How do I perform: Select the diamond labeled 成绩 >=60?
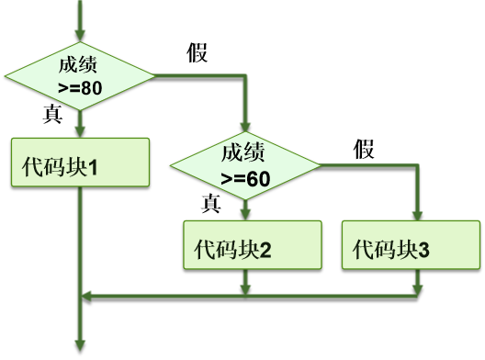coord(245,164)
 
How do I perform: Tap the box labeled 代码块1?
coord(81,169)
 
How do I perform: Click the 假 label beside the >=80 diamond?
coord(197,53)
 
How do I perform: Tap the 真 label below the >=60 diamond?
coord(211,202)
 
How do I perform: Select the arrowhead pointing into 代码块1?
coord(82,131)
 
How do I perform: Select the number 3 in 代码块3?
coord(423,249)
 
